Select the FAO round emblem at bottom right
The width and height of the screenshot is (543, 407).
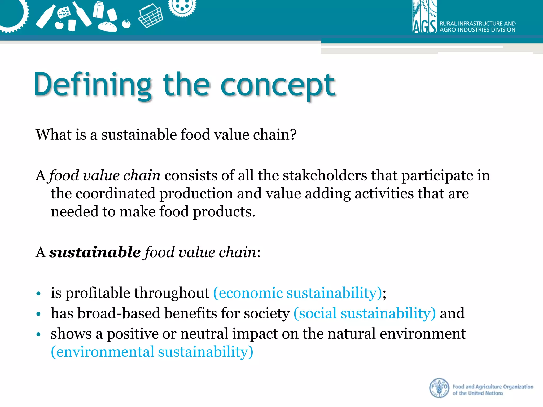439,388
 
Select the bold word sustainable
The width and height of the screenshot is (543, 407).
95,252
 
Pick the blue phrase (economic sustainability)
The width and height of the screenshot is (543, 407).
297,293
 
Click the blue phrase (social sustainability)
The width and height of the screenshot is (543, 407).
365,313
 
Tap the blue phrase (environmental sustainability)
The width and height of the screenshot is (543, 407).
152,352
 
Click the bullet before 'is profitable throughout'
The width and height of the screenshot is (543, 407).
39,294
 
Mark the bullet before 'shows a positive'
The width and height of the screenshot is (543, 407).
39,334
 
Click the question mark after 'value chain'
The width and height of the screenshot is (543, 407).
293,134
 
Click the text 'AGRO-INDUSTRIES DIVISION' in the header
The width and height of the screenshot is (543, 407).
477,30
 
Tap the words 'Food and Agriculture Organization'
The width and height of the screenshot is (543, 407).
493,387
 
